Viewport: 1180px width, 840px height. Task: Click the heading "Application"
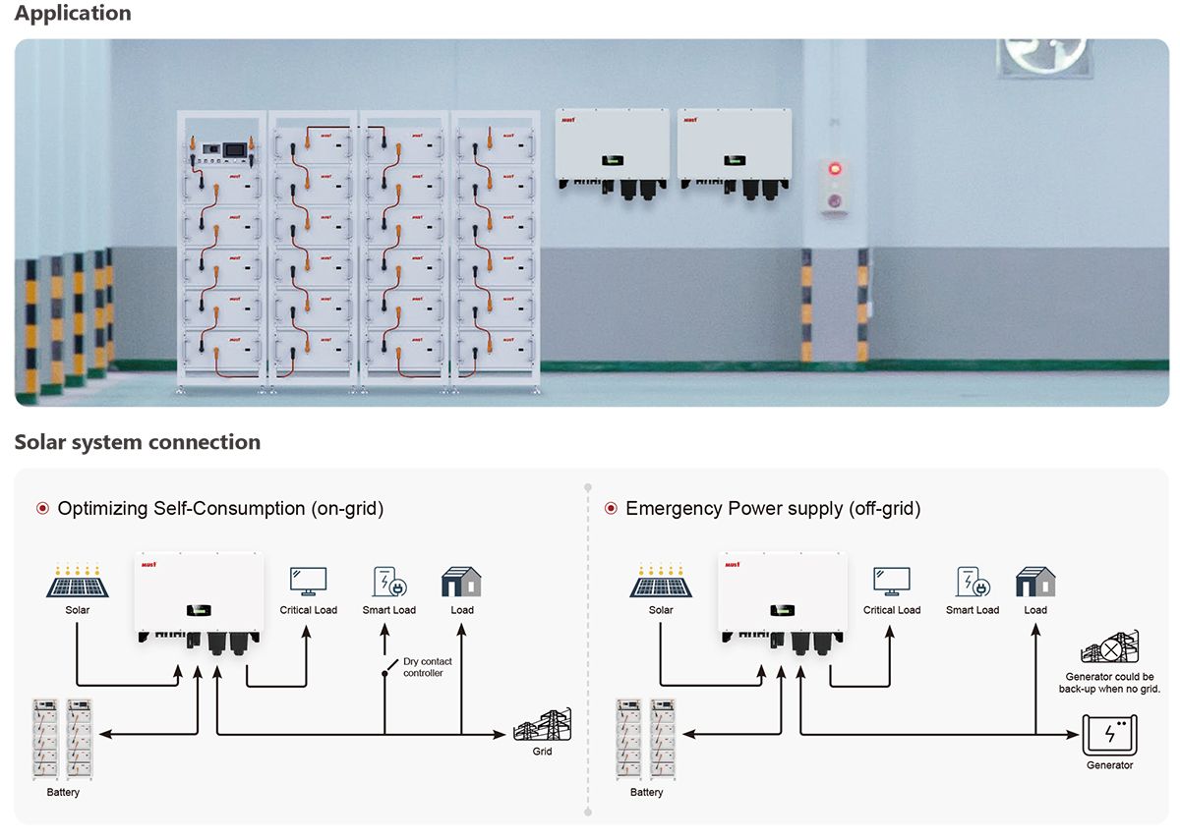(x=73, y=14)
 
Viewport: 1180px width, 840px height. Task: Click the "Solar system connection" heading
(x=138, y=442)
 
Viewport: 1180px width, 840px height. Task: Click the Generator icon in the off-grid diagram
(x=1109, y=735)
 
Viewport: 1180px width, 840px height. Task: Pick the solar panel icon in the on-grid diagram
(x=77, y=582)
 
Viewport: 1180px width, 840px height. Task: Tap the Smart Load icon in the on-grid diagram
(x=389, y=582)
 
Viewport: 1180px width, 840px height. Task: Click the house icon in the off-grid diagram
(x=1035, y=582)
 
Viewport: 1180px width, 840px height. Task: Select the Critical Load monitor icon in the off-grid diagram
(x=891, y=581)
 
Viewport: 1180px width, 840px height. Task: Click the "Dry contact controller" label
(x=428, y=668)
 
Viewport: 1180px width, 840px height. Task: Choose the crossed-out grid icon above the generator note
(x=1109, y=649)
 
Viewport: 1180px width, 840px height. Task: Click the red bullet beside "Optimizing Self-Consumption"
(x=42, y=509)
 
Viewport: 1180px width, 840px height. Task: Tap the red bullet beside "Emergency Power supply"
(x=610, y=509)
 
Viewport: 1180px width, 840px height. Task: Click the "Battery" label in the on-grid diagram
(x=64, y=792)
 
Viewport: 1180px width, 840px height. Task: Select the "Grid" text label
(x=542, y=752)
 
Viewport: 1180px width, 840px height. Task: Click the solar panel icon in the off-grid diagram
(x=661, y=582)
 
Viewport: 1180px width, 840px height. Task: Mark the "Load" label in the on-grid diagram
(x=462, y=610)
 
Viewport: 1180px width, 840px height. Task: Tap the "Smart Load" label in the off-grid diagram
(x=973, y=610)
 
